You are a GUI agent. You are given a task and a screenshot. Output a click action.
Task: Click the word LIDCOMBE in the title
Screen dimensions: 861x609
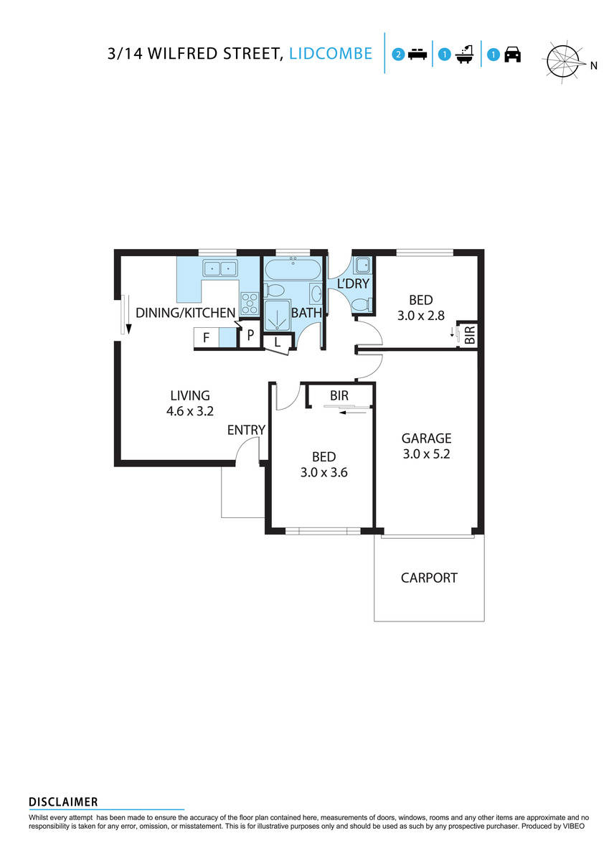pos(331,54)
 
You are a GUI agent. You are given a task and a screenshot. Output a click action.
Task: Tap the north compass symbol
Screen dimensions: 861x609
pos(565,60)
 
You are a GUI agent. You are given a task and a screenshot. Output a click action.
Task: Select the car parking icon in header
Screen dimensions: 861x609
pos(512,55)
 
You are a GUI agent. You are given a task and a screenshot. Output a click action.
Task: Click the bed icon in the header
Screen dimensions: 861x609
pos(417,55)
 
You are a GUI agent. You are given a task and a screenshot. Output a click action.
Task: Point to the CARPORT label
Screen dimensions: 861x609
pos(429,578)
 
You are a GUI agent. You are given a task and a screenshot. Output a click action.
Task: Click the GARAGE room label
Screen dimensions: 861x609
pos(426,438)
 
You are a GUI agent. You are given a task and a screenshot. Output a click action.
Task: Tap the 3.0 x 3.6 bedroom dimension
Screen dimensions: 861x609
pos(324,472)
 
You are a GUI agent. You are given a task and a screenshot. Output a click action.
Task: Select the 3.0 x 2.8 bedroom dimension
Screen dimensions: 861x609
pos(421,316)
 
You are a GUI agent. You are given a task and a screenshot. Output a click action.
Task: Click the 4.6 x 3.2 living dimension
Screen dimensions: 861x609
pos(189,411)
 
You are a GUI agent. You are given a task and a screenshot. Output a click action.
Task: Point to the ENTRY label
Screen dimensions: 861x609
pos(246,430)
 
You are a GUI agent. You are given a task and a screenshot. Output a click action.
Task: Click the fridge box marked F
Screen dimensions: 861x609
pos(206,338)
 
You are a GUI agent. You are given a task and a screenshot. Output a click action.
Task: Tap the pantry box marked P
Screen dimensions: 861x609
pos(250,335)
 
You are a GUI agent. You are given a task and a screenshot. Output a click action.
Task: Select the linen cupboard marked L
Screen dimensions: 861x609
pos(277,343)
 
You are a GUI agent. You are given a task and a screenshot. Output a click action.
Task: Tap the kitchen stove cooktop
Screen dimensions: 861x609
pos(250,305)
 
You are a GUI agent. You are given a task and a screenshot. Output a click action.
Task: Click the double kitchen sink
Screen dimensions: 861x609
pos(220,269)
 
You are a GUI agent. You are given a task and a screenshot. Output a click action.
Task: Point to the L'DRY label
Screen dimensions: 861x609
pos(353,284)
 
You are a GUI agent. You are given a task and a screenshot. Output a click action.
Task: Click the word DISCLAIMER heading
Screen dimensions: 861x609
pos(63,802)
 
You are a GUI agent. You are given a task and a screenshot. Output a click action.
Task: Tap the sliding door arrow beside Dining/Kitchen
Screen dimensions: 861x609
pos(127,316)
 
